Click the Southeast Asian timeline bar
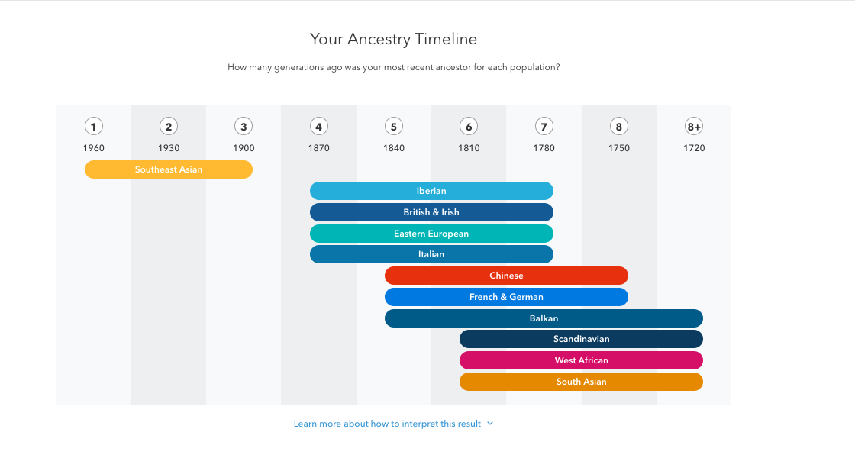(169, 169)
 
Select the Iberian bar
(431, 191)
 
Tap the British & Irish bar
(431, 212)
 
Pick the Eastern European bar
(431, 234)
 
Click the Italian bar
(431, 254)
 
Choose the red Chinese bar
(507, 276)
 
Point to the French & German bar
(507, 297)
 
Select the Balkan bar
(544, 318)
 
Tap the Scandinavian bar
(581, 339)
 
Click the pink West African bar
(581, 360)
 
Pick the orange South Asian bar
(581, 382)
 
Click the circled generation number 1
(94, 127)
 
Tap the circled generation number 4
(319, 127)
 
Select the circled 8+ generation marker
(694, 127)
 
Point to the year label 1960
(94, 148)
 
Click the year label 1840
(394, 148)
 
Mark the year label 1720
(694, 148)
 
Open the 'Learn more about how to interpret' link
(387, 424)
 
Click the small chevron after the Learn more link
(490, 424)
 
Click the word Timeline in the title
(446, 39)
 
